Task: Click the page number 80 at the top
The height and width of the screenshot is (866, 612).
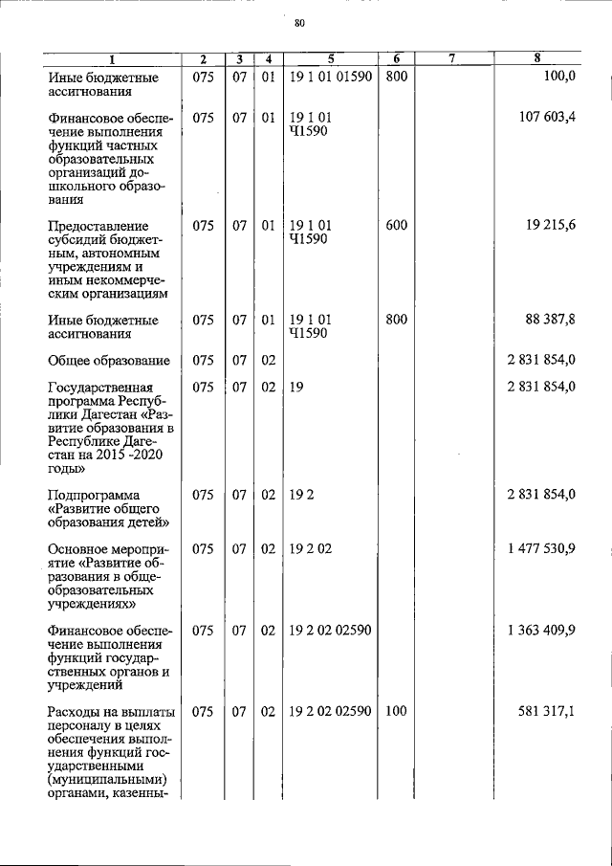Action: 299,23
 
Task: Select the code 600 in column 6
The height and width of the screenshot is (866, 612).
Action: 396,226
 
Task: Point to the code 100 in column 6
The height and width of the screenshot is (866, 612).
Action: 396,712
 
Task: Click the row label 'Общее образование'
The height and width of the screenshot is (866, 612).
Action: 109,361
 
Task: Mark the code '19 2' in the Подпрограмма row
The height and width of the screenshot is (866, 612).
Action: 301,495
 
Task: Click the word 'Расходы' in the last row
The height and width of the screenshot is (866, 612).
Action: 75,712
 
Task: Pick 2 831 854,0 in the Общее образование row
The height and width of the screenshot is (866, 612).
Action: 541,361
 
